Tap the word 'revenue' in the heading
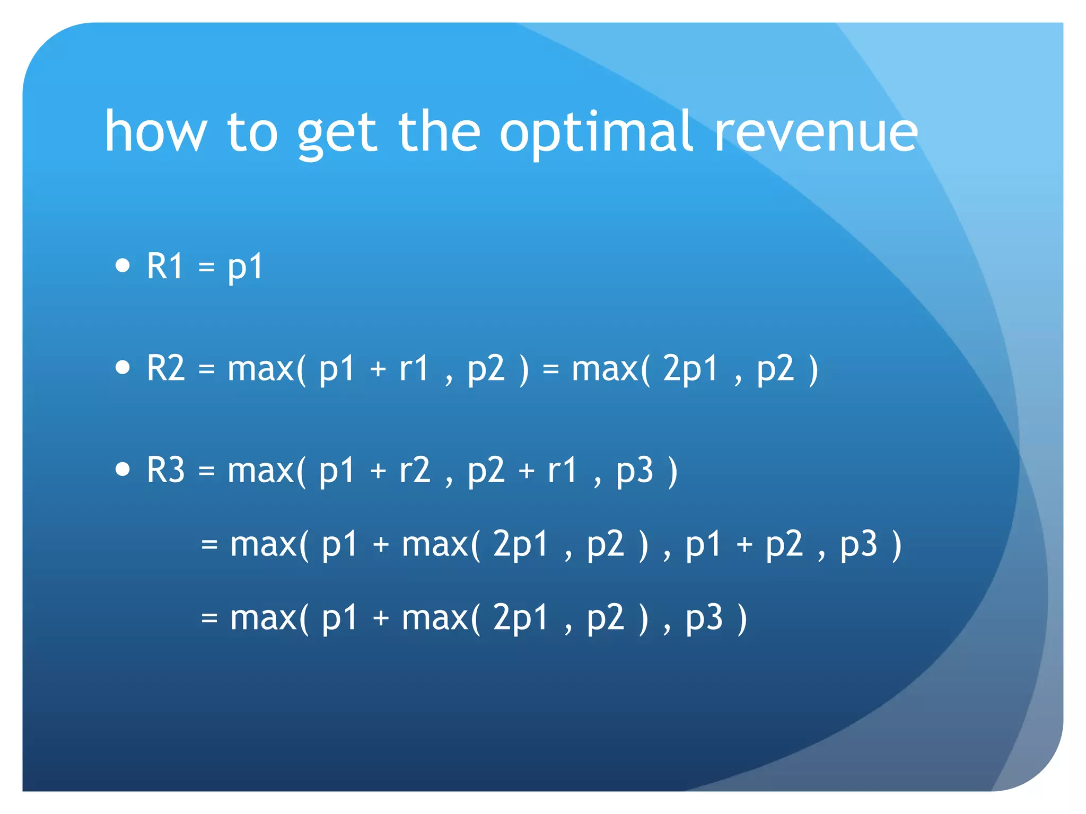point(816,132)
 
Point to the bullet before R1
point(122,265)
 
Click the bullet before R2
point(122,367)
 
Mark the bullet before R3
point(122,469)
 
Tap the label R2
point(166,368)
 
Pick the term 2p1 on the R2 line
point(690,369)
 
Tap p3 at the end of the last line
point(704,618)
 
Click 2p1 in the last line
point(520,618)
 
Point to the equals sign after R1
point(207,267)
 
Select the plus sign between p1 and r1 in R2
point(378,369)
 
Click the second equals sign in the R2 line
point(551,369)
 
